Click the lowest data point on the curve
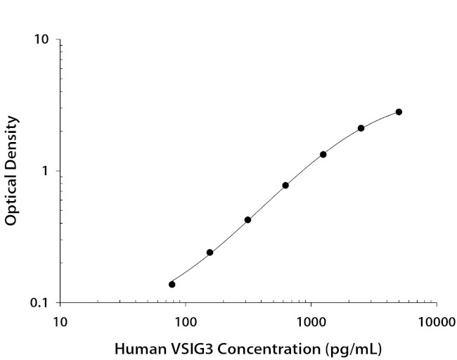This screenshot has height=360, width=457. [x=172, y=284]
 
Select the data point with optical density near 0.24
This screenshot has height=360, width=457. [x=210, y=252]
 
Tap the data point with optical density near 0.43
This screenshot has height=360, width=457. [x=247, y=219]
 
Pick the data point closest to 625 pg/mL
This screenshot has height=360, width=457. [x=285, y=185]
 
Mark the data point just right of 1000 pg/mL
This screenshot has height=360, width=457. [x=323, y=154]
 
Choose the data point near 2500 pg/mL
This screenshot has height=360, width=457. [x=361, y=128]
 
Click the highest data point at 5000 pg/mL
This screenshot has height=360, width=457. [x=399, y=112]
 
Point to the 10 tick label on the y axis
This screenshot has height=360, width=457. [x=42, y=40]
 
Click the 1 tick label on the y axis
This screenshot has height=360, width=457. [x=46, y=172]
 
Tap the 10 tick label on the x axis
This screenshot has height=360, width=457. [x=60, y=323]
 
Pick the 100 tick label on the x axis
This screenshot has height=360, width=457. [x=186, y=323]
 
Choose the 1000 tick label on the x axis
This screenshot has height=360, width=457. [x=311, y=323]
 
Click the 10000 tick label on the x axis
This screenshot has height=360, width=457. [x=436, y=323]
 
